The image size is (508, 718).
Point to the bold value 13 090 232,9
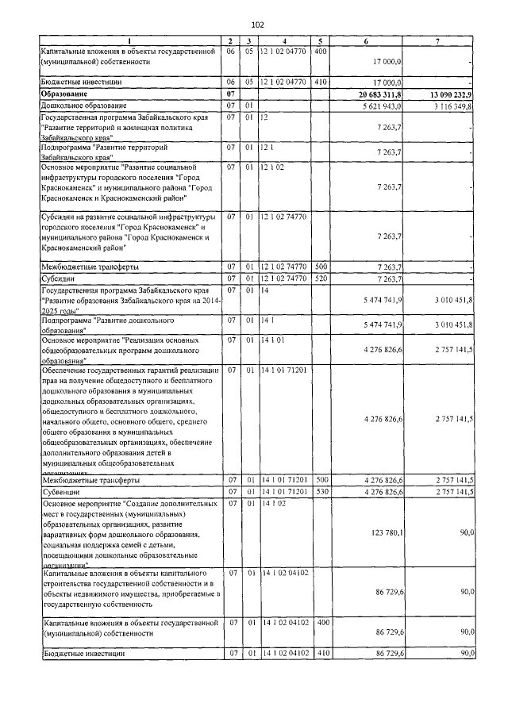[x=450, y=94]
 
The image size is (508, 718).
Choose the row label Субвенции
[x=60, y=492]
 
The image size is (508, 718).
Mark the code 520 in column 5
[x=321, y=278]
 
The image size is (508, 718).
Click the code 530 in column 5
[x=321, y=492]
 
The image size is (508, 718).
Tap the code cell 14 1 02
[x=275, y=503]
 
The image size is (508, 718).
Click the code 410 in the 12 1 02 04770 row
[x=321, y=81]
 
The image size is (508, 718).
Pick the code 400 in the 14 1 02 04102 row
[x=321, y=623]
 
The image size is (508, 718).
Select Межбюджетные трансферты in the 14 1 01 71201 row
[x=90, y=480]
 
